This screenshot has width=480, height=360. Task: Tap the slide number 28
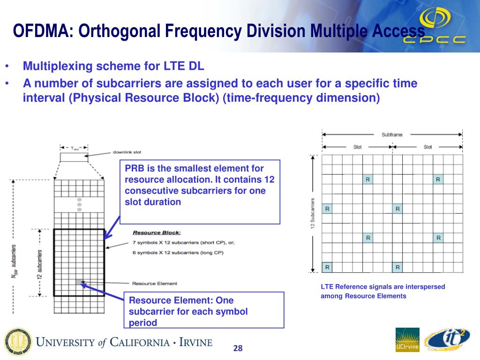(238, 348)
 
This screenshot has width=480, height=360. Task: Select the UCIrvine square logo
(407, 340)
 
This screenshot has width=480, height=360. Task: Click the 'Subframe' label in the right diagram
(392, 135)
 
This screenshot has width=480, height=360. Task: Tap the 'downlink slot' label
(127, 152)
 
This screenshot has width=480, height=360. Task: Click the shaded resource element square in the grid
(78, 282)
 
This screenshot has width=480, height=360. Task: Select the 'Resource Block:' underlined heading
(157, 232)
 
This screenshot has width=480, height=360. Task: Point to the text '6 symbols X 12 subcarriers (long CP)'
(178, 253)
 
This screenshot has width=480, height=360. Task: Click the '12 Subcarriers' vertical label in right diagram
(312, 214)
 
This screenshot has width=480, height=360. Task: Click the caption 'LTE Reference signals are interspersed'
(382, 286)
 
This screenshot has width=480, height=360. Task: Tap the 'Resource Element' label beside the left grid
(155, 283)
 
